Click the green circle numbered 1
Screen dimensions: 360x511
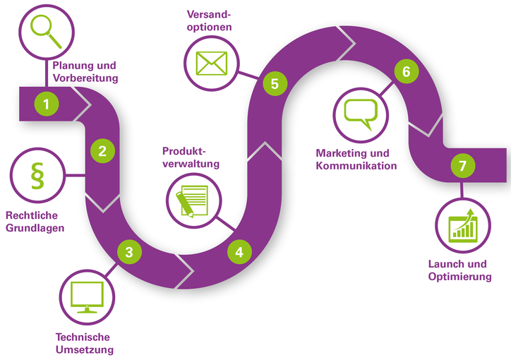[x=47, y=104]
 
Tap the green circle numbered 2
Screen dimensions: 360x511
[x=102, y=150]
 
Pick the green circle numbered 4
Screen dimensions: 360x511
[x=239, y=251]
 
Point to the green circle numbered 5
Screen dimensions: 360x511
[x=275, y=83]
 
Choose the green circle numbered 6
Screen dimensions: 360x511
[x=406, y=71]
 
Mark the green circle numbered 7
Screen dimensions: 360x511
[x=462, y=167]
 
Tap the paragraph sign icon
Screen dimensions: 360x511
[x=37, y=176]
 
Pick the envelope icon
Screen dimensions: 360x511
[x=212, y=62]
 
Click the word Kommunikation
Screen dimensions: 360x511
[x=356, y=166]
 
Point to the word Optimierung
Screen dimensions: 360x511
[x=459, y=277]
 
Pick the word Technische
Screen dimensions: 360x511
[x=83, y=337]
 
